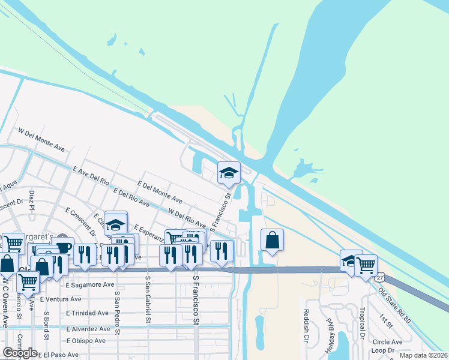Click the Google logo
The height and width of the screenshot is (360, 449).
click(x=20, y=353)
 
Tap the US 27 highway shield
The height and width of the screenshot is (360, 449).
click(x=381, y=278)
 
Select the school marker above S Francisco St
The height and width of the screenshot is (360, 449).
click(x=229, y=173)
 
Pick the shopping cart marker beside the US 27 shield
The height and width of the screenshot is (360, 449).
click(x=366, y=264)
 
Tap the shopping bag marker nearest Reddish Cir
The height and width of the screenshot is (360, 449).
click(x=272, y=240)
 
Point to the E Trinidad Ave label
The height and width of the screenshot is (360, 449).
click(x=88, y=313)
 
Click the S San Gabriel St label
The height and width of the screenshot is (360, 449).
click(x=147, y=299)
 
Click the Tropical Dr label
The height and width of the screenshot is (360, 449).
click(x=362, y=323)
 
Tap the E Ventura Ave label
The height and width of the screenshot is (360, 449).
click(x=61, y=299)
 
